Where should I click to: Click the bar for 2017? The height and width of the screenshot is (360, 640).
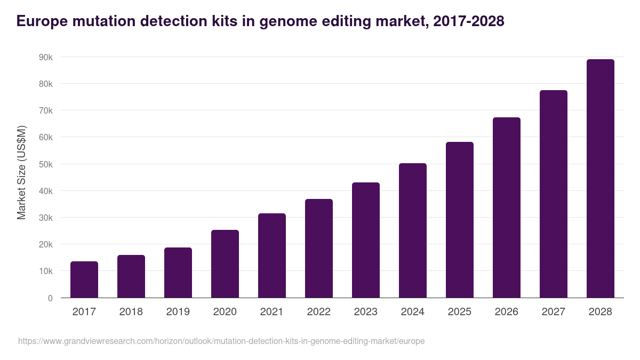[84, 279]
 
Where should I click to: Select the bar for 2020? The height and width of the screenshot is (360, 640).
[225, 264]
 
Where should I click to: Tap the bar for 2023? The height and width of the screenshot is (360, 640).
[366, 240]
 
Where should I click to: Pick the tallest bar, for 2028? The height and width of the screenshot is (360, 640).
[601, 179]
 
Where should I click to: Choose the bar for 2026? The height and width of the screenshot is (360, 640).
[507, 207]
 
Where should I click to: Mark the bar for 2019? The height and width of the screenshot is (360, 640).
[178, 273]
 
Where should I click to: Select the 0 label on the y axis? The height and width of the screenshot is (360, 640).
[50, 298]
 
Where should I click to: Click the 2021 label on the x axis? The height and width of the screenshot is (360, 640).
[272, 312]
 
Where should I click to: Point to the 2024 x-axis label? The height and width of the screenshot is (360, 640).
[413, 312]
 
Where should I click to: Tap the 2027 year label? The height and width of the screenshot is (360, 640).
[554, 312]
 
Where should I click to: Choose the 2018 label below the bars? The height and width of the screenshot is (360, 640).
[131, 312]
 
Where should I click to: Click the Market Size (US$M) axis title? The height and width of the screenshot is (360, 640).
[21, 172]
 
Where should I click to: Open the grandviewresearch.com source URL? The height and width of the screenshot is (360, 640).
[221, 341]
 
